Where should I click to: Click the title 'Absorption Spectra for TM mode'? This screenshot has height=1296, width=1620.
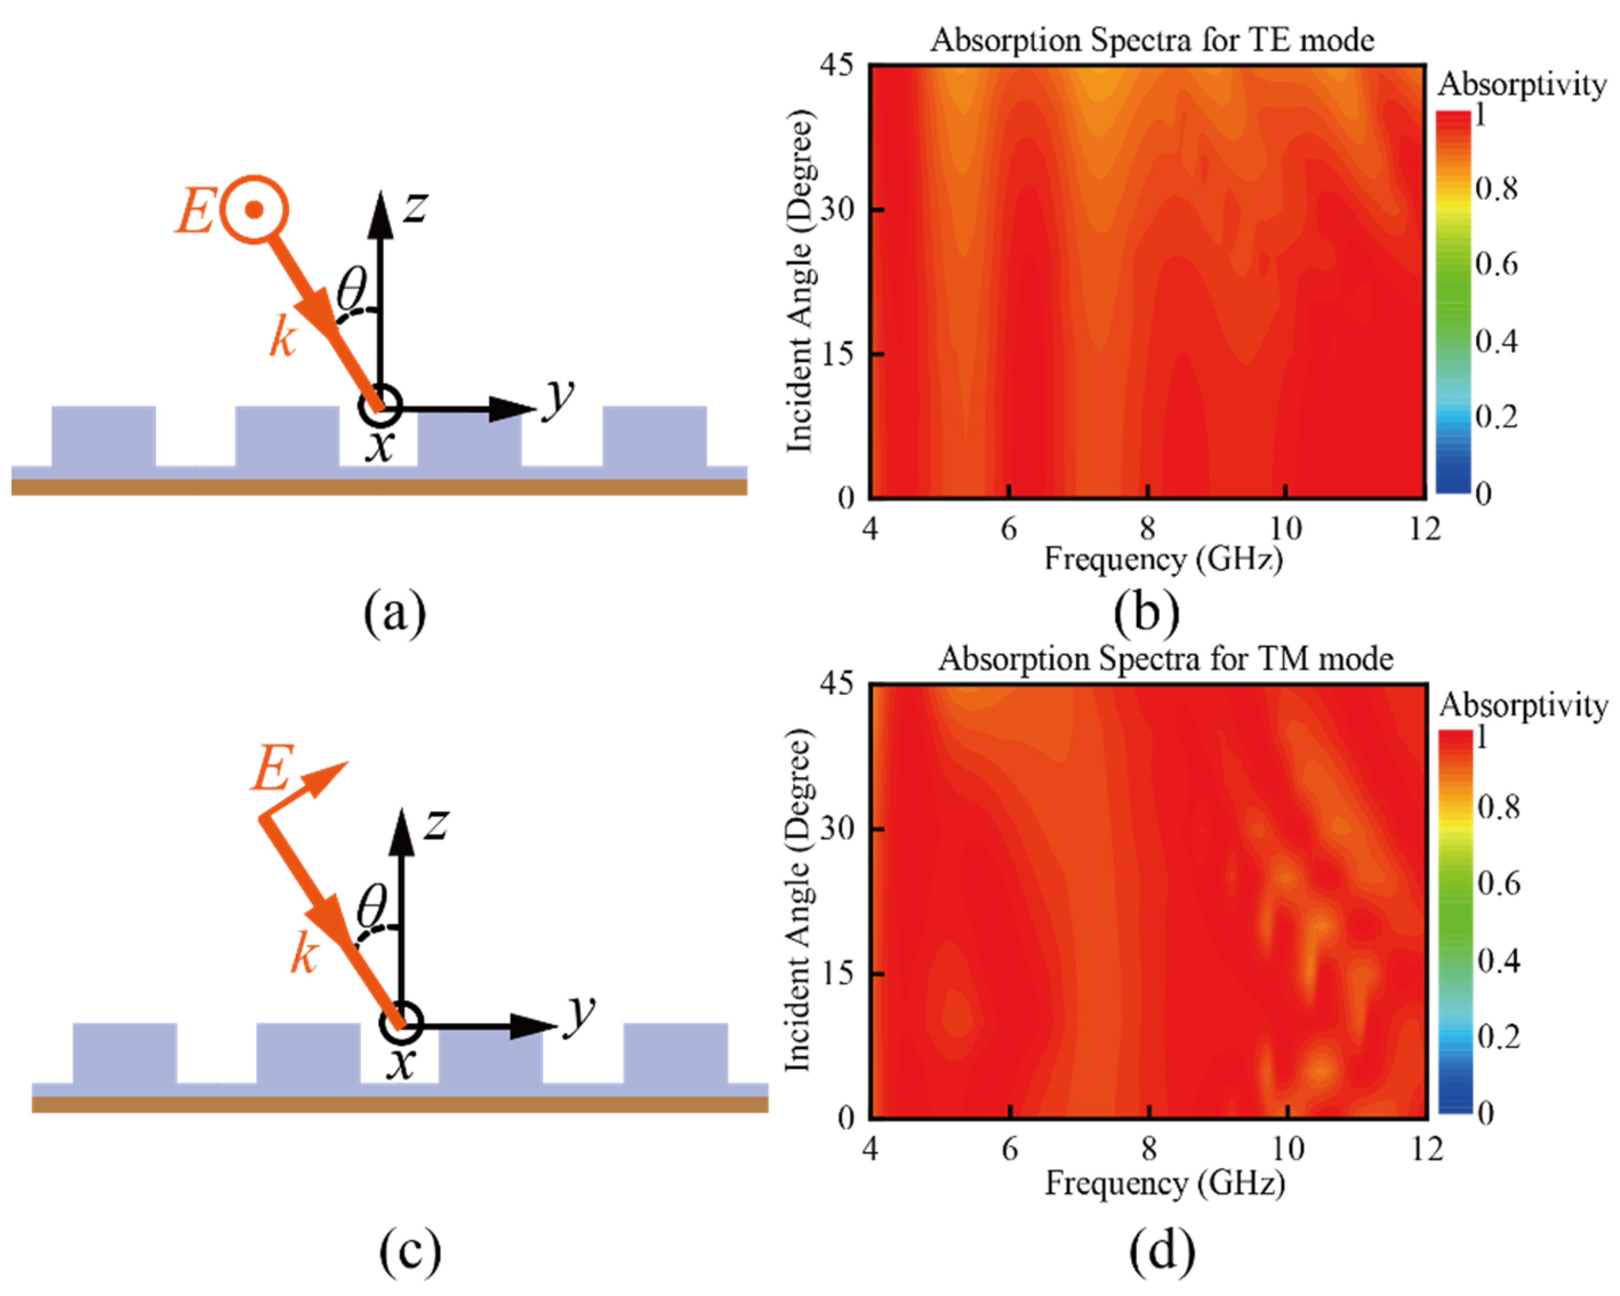click(x=1165, y=659)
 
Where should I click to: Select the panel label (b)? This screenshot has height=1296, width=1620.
click(x=1147, y=612)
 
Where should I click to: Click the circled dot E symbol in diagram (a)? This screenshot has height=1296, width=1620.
click(x=255, y=210)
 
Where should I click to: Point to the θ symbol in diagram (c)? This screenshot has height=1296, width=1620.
click(x=371, y=905)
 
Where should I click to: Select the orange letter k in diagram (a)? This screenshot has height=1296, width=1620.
click(x=283, y=337)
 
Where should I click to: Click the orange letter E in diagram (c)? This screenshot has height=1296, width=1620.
click(x=272, y=768)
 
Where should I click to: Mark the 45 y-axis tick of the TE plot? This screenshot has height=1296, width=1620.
click(x=837, y=65)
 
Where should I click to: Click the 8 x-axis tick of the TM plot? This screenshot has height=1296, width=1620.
click(x=1149, y=1148)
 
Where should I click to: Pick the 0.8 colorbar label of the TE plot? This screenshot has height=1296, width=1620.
click(x=1496, y=188)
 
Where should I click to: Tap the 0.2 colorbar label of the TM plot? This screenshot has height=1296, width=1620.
click(x=1498, y=1037)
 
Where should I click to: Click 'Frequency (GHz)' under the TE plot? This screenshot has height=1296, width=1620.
click(x=1163, y=560)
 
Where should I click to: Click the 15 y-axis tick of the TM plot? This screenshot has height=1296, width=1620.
click(x=837, y=973)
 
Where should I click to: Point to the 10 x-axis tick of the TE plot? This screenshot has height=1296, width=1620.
click(x=1285, y=529)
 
